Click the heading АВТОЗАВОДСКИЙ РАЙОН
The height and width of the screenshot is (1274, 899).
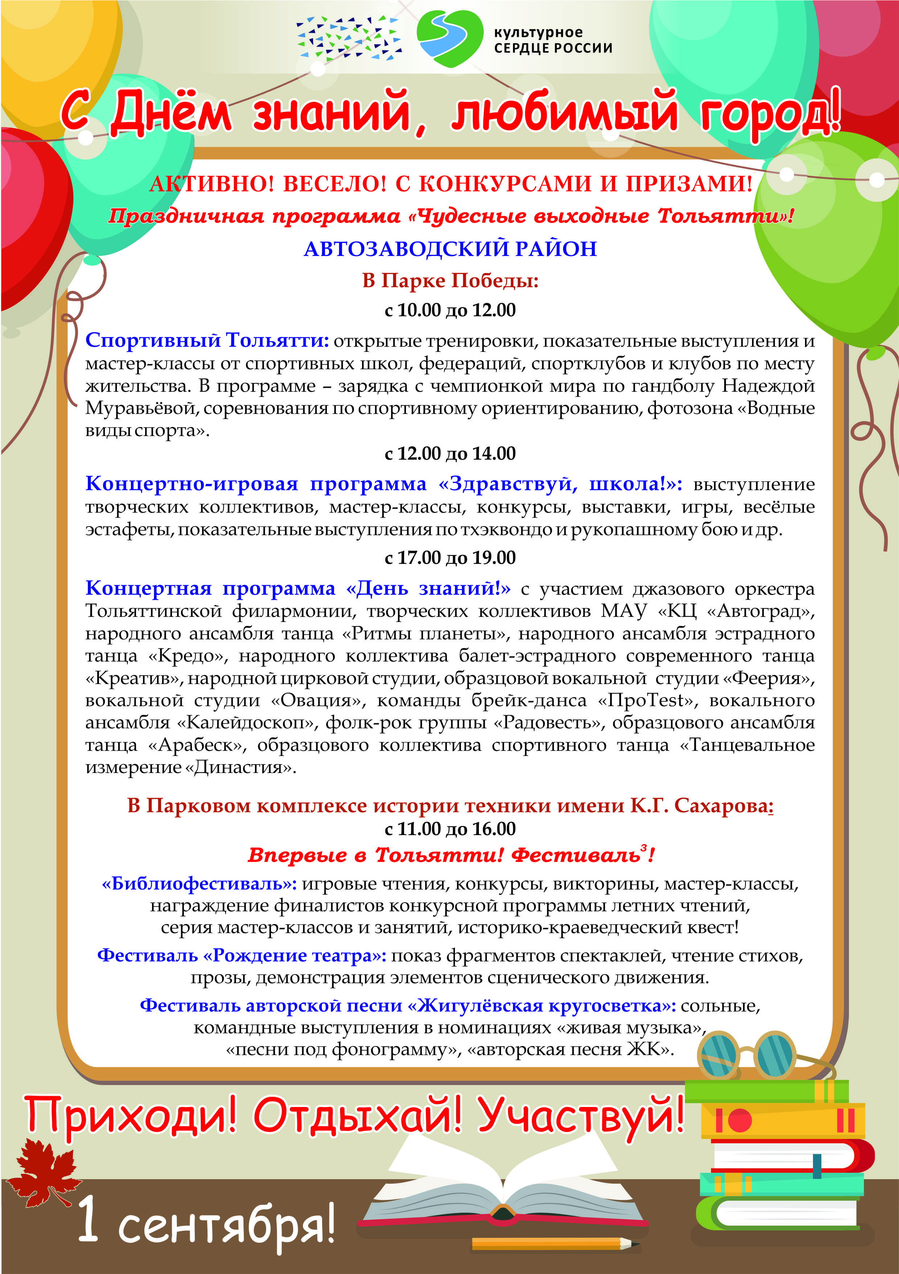(450, 249)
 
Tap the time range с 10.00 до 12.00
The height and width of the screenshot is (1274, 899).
(450, 310)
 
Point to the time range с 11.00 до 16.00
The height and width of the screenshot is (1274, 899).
(450, 829)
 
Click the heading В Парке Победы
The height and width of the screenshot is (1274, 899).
(450, 280)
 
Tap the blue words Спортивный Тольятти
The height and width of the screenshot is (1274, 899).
(207, 339)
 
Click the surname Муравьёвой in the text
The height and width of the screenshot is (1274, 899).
(141, 408)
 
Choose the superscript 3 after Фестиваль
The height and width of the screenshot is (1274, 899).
(643, 848)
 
